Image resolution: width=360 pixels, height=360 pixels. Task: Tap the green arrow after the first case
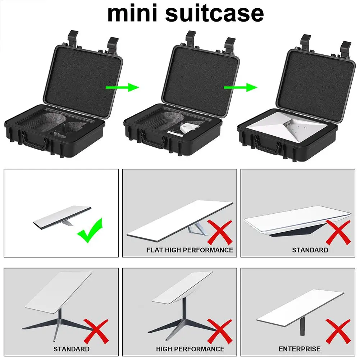[122, 87]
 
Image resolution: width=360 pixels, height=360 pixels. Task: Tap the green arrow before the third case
[240, 87]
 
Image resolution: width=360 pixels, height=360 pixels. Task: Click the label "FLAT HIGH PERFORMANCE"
[190, 250]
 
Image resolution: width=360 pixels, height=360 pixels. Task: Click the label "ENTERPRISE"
[300, 349]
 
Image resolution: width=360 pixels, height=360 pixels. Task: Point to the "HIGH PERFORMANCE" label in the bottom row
[190, 349]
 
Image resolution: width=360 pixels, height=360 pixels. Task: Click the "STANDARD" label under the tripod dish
[71, 349]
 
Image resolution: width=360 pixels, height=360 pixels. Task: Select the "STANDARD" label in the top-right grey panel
[310, 250]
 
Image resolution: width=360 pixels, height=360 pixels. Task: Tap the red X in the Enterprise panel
[337, 331]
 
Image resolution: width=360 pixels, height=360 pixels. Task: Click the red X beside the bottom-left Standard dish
[96, 331]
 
